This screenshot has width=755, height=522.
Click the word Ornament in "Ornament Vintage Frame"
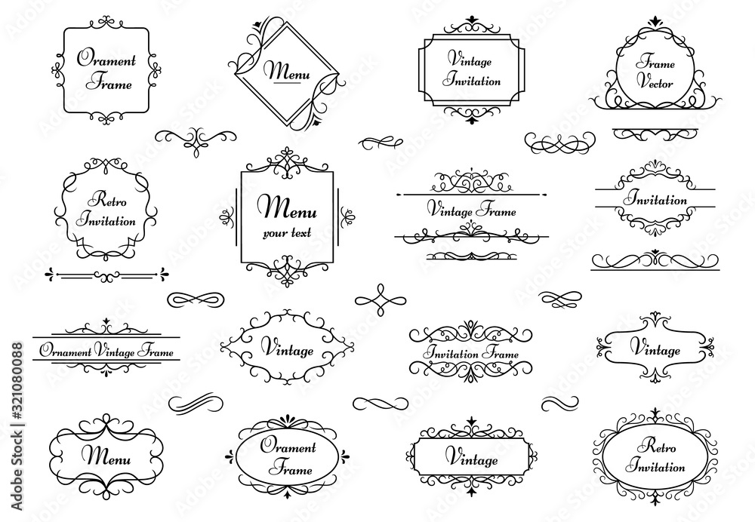[x=66, y=352]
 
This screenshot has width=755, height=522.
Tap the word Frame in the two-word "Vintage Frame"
[x=495, y=212]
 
